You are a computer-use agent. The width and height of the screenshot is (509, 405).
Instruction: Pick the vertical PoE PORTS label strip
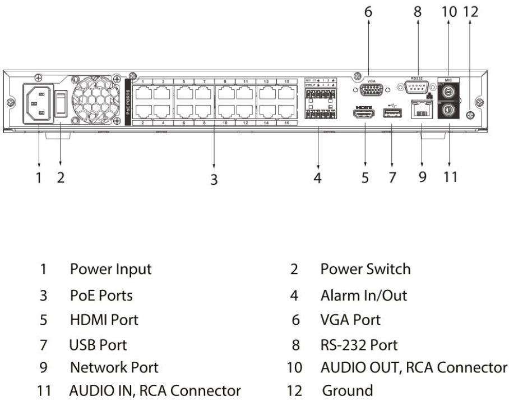pyautogui.click(x=128, y=100)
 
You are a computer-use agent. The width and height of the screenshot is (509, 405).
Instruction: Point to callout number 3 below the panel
pyautogui.click(x=214, y=180)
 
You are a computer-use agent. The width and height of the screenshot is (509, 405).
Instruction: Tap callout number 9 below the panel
pyautogui.click(x=422, y=178)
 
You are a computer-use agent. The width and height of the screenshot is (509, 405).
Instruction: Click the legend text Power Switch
pyautogui.click(x=365, y=269)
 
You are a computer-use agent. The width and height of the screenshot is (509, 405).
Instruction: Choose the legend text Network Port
pyautogui.click(x=114, y=368)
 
